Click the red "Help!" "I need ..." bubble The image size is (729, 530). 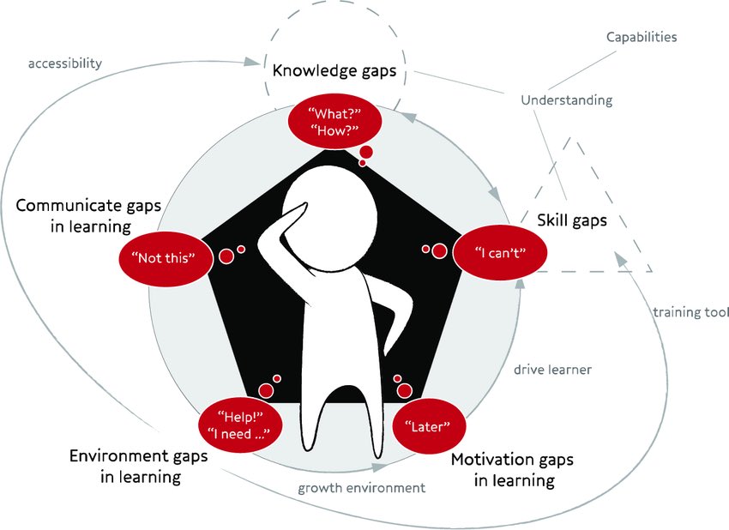(240, 425)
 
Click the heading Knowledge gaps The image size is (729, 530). (334, 70)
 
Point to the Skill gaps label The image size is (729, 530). (571, 220)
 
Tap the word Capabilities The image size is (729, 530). (642, 38)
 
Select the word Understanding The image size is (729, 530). (567, 100)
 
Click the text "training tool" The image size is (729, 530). (690, 312)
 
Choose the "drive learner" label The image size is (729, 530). (552, 370)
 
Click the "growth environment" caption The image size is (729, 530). (361, 488)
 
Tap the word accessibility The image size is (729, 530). (65, 63)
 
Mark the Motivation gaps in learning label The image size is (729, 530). (513, 470)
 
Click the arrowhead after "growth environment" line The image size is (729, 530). (378, 467)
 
